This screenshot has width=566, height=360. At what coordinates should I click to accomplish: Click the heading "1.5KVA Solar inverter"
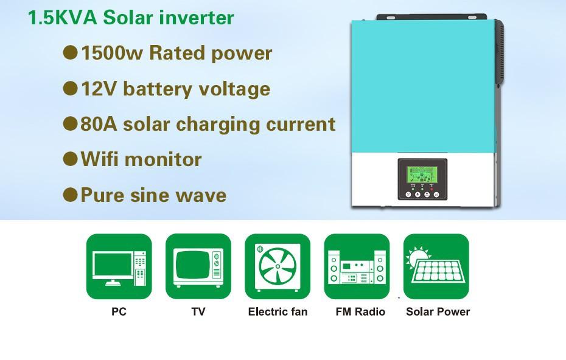click(131, 18)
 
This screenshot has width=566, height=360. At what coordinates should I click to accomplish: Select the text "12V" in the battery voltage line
click(99, 89)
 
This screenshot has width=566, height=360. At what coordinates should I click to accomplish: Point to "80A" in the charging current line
click(99, 123)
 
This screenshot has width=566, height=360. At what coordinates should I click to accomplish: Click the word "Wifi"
click(100, 159)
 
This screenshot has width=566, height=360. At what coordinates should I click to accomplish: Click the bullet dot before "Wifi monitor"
click(70, 159)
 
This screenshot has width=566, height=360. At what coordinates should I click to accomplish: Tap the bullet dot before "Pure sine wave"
click(70, 195)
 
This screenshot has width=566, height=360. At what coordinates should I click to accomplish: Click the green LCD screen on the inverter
click(422, 175)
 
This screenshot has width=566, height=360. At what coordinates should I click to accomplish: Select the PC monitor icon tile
click(119, 266)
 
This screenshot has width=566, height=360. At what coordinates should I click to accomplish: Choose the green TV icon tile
click(198, 266)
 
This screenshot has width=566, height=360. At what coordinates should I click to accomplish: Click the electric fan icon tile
click(278, 266)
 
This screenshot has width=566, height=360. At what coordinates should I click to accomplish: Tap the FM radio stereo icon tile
click(357, 266)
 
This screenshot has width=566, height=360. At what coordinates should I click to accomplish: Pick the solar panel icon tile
click(436, 266)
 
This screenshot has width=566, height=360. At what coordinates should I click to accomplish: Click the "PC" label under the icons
click(119, 312)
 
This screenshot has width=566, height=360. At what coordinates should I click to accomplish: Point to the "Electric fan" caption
click(278, 312)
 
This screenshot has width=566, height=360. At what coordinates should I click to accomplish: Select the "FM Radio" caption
click(360, 312)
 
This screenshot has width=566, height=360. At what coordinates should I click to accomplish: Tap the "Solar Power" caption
click(438, 312)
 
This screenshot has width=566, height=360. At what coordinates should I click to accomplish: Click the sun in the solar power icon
click(418, 257)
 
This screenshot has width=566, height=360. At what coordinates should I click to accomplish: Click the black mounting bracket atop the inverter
click(431, 17)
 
